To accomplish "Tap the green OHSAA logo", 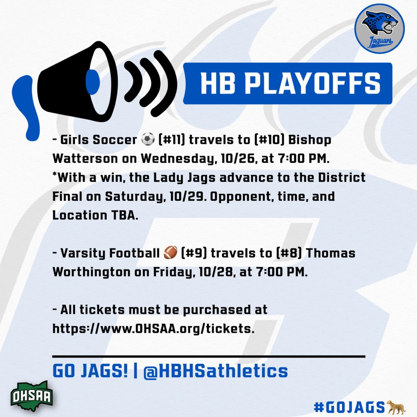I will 31,394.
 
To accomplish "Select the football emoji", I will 171,253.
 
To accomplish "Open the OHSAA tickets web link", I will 153,329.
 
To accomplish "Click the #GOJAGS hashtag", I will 349,407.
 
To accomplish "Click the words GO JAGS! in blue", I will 90,371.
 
